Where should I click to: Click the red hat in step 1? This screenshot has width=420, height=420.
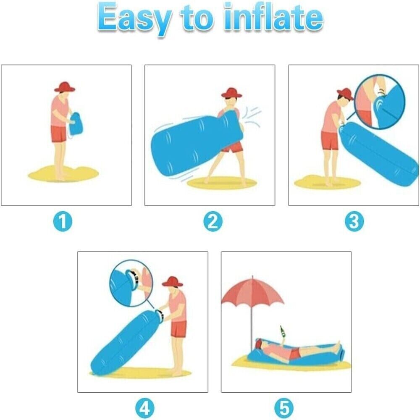[x=65, y=86]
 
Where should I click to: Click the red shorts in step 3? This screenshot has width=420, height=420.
[x=330, y=141]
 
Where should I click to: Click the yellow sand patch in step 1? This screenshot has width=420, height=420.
[x=63, y=172]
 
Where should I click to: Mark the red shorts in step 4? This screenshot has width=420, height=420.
[x=178, y=328]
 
